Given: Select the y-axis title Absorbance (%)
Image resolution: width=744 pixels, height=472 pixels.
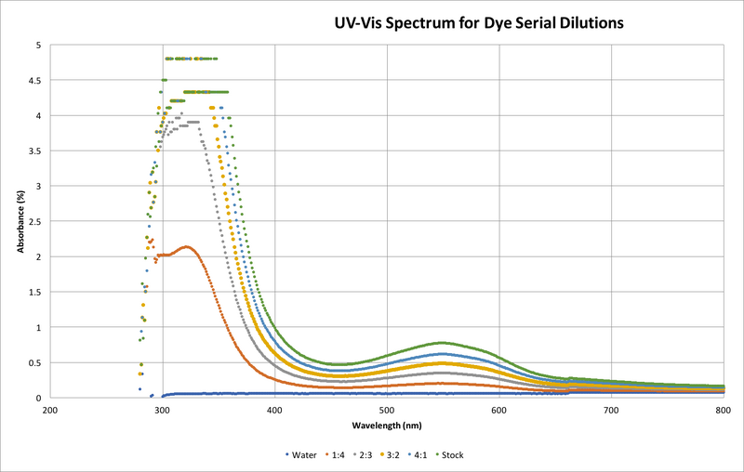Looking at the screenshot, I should point(20,221).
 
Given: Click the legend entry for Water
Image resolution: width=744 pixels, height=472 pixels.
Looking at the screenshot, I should point(302,455).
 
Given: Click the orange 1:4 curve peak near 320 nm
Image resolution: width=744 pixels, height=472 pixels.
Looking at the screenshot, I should point(187,247).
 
